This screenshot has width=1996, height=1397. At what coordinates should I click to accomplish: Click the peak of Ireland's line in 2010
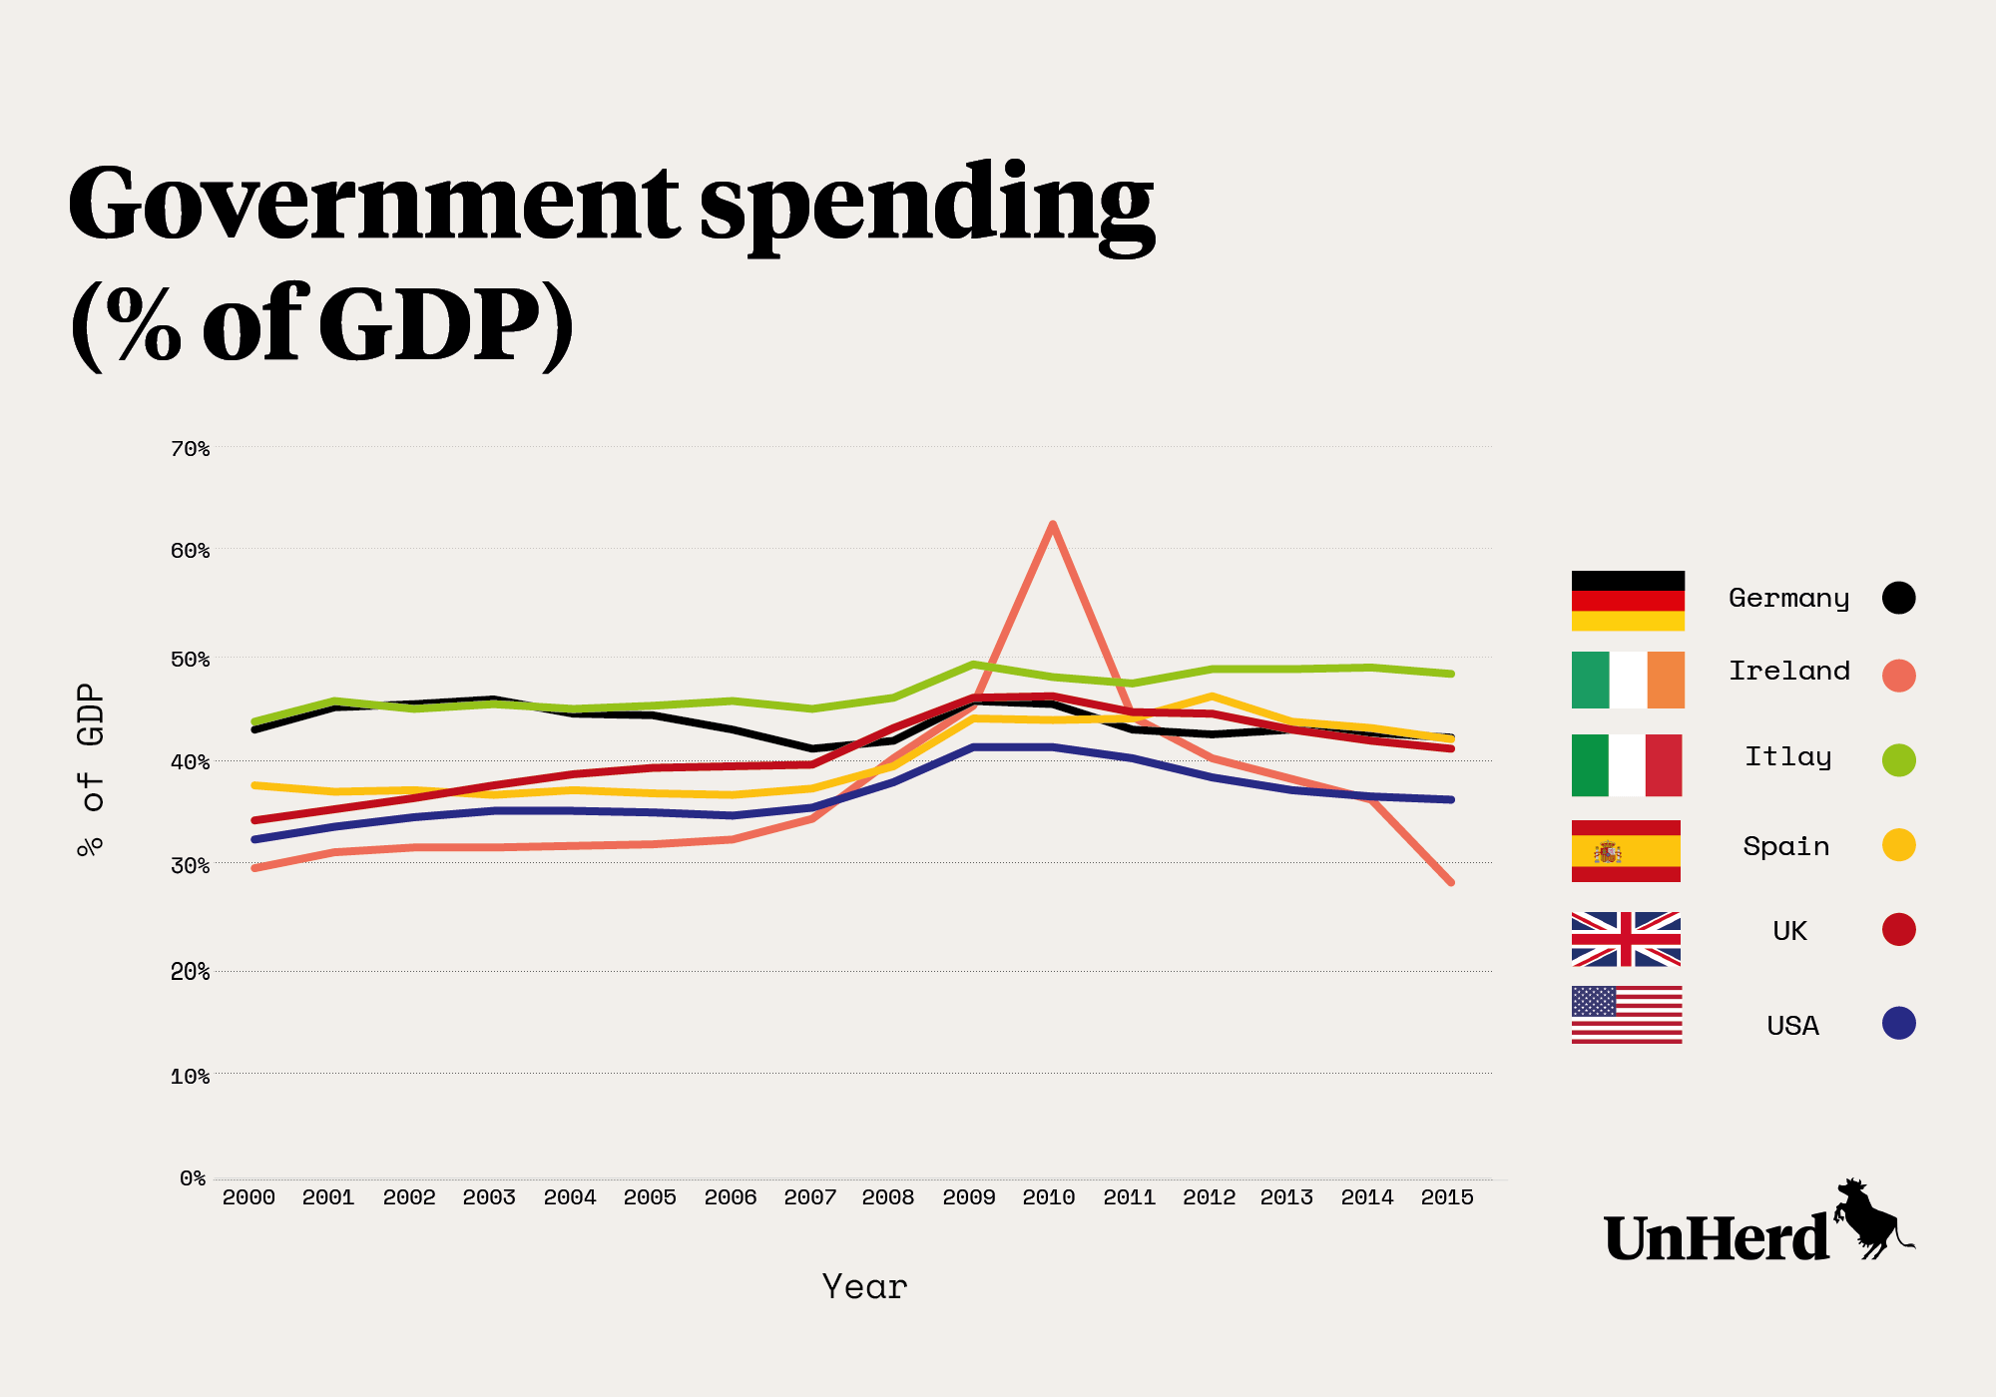point(1052,525)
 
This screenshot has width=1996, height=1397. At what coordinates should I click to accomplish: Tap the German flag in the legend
point(1628,601)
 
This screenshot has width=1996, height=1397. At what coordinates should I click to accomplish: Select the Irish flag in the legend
point(1628,680)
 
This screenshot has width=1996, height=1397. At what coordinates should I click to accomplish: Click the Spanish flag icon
point(1626,851)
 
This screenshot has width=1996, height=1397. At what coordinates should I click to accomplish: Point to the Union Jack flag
point(1626,939)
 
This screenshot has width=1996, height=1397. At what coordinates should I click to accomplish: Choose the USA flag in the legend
point(1627,1015)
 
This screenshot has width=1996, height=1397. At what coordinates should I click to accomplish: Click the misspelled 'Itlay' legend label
point(1787,757)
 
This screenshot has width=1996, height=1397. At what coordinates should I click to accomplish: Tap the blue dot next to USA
point(1898,1023)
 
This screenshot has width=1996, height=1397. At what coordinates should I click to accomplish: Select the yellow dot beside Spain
point(1898,845)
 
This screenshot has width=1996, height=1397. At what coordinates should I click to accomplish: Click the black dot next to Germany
point(1898,598)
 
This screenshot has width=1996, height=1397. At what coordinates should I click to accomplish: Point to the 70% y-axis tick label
point(190,449)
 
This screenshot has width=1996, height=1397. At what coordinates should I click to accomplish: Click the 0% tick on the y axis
point(193,1178)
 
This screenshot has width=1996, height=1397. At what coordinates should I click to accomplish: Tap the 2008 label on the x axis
point(888,1197)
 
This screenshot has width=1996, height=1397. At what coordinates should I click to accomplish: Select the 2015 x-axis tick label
point(1447,1197)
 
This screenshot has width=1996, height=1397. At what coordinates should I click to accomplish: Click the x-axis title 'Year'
point(864,1287)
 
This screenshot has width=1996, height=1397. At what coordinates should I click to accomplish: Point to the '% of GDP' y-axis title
point(91,769)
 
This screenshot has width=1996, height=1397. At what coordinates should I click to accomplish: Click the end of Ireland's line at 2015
point(1450,882)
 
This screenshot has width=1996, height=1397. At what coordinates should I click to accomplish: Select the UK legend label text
point(1789,931)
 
